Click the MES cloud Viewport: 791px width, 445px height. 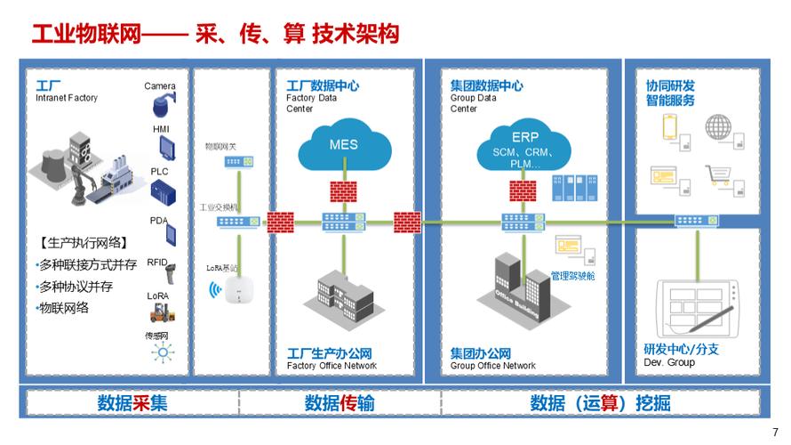click(x=343, y=146)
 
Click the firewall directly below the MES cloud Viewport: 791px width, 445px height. click(x=342, y=190)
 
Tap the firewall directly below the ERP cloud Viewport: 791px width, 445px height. click(x=522, y=190)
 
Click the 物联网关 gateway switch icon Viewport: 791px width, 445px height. click(x=237, y=163)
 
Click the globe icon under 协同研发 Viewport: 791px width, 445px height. click(x=716, y=127)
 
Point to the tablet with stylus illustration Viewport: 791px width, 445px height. click(x=693, y=303)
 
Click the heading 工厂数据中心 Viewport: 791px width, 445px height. click(x=323, y=85)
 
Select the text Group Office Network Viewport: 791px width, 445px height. click(x=493, y=366)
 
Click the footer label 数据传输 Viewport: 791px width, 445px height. click(x=340, y=402)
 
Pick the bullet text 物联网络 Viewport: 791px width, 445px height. click(x=63, y=308)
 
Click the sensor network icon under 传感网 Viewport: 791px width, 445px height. click(x=162, y=352)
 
